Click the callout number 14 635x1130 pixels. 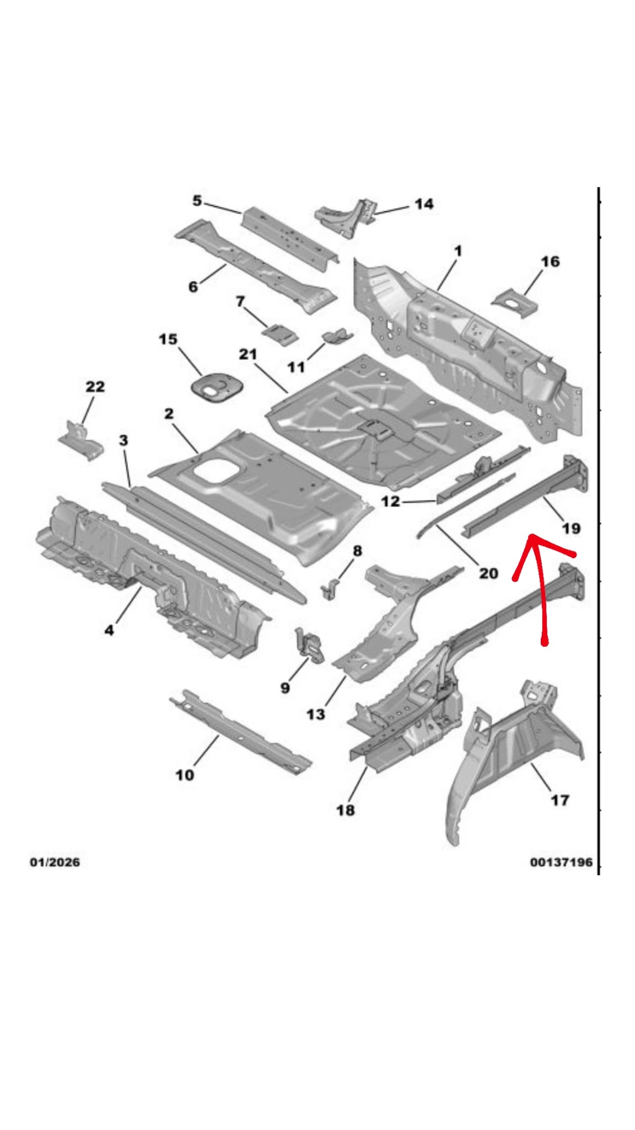(423, 204)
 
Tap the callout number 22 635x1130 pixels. (95, 387)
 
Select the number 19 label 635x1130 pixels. (571, 529)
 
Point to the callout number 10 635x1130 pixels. (185, 775)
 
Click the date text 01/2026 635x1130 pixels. (55, 862)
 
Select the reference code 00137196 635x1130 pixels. (561, 862)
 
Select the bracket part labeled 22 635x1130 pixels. (81, 440)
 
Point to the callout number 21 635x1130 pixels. (247, 354)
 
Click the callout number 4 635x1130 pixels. (109, 630)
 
